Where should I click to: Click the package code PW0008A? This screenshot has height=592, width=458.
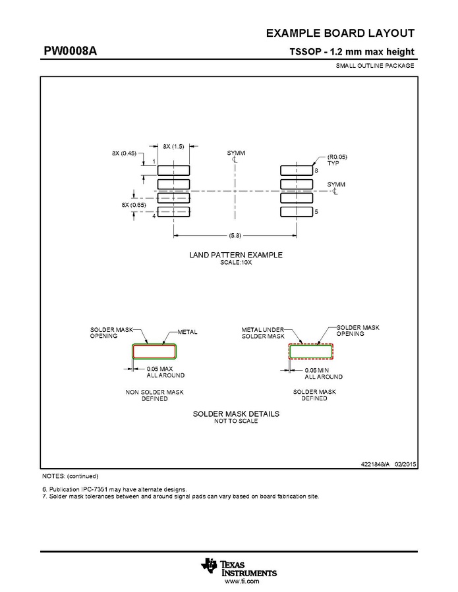[71, 51]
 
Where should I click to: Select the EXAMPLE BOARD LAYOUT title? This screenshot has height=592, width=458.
[340, 33]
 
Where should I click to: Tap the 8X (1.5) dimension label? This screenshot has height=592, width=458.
[173, 146]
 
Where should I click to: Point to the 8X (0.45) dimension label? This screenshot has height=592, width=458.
[124, 153]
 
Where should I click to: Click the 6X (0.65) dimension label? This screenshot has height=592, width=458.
[133, 205]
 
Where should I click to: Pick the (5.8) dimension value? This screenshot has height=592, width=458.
[235, 236]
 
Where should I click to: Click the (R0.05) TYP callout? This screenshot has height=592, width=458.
[337, 160]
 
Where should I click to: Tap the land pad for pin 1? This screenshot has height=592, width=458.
[173, 171]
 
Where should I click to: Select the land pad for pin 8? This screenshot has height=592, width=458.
[297, 171]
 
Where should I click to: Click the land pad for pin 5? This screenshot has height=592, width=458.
[297, 212]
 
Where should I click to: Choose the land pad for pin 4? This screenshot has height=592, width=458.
[173, 212]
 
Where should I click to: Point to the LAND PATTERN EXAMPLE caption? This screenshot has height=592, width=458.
[236, 255]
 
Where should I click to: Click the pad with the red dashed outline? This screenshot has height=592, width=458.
[311, 352]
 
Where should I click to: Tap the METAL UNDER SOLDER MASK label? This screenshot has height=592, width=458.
[263, 333]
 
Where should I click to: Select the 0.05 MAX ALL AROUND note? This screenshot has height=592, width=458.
[165, 372]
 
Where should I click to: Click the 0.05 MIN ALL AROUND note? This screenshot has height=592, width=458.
[324, 373]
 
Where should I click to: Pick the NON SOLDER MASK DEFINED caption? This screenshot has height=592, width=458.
[155, 395]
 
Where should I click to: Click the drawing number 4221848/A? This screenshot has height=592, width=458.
[375, 464]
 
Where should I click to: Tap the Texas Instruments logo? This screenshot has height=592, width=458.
[239, 568]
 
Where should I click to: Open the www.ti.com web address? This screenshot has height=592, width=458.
[242, 581]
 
